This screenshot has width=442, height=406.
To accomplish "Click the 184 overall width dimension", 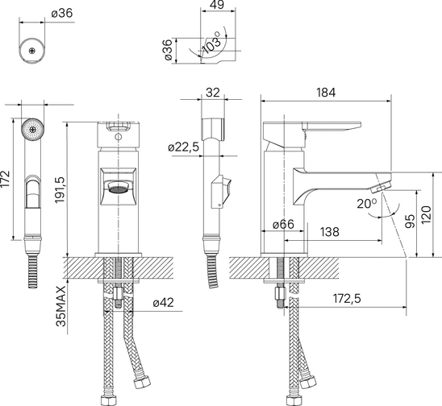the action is tap(326, 93).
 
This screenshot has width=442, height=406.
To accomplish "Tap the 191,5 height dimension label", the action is tap(60, 189).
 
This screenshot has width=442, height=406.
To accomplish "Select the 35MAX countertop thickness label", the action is tap(60, 306).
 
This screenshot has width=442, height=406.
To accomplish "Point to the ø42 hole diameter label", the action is tap(164, 302).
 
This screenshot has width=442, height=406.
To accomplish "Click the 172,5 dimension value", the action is tap(347, 298).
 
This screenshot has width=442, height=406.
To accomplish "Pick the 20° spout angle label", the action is tap(366, 203).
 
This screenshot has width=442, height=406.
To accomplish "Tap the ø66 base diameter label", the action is tap(283, 225).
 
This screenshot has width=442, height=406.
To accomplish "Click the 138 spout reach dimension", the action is tap(330, 232).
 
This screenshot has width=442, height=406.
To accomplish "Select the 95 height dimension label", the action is tap(411, 221).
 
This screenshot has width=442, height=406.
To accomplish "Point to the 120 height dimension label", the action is tap(427, 215).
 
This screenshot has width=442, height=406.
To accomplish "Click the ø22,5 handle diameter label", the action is tap(184, 147).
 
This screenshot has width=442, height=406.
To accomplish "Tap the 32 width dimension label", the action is tap(213, 93).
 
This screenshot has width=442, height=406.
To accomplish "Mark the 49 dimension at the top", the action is tap(217, 5).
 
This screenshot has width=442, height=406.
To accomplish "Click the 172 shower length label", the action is tap(6, 179).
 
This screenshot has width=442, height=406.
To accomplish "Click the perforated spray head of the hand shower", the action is tap(33, 129).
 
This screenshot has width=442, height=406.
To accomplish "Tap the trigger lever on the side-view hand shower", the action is tap(222, 192).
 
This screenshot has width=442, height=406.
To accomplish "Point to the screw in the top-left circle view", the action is tap(32, 51).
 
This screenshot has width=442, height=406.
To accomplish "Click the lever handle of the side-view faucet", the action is tap(331, 126).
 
